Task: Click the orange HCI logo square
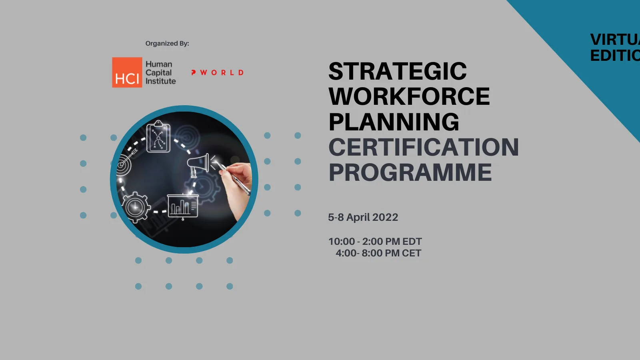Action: (x=127, y=72)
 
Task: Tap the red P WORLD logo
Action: (x=217, y=72)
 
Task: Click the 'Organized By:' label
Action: (x=167, y=43)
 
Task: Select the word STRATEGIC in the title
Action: (x=398, y=71)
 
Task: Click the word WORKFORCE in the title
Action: (x=409, y=96)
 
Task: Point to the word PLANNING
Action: (x=394, y=122)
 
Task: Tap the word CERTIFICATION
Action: (x=424, y=147)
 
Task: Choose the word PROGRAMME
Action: (x=410, y=172)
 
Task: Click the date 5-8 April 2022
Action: (x=363, y=217)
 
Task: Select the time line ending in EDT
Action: (x=375, y=242)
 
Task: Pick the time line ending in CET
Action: (x=378, y=253)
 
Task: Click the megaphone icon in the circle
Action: (x=199, y=164)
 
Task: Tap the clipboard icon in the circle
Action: (x=158, y=137)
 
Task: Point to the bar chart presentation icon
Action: (x=183, y=206)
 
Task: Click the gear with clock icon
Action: (x=136, y=207)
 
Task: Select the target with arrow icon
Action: (x=126, y=162)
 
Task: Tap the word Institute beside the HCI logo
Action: (x=160, y=81)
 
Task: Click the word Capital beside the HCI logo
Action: (x=158, y=73)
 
